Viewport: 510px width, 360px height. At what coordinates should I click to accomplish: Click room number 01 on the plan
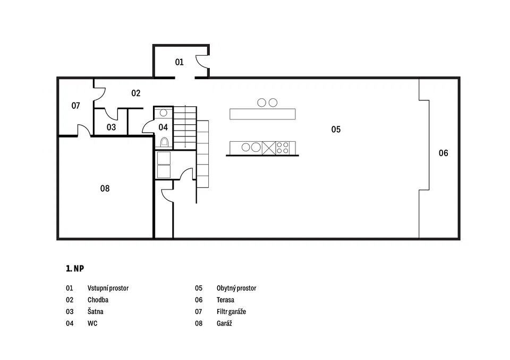click(x=179, y=62)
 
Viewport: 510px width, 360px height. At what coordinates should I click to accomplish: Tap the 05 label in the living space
click(x=336, y=130)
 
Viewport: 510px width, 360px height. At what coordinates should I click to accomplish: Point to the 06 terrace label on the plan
click(x=443, y=153)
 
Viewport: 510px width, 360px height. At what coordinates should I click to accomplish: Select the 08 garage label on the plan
click(x=105, y=188)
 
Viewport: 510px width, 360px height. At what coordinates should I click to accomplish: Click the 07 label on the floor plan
click(x=75, y=106)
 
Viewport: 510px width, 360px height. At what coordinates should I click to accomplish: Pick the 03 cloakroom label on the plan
click(x=111, y=127)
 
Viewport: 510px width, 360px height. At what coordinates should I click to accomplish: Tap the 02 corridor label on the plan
click(x=135, y=93)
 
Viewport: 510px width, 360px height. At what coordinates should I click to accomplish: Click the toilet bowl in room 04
click(x=165, y=142)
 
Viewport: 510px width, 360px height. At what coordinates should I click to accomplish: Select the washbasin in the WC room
click(x=163, y=113)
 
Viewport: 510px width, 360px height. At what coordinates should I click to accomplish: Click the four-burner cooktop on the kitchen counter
click(x=282, y=148)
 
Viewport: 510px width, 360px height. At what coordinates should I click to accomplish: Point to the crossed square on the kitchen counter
click(x=269, y=148)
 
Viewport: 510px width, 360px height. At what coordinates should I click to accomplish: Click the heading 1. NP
click(x=75, y=269)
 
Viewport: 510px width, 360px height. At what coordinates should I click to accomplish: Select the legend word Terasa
click(x=225, y=300)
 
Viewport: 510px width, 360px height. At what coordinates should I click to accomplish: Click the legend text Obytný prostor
click(x=236, y=288)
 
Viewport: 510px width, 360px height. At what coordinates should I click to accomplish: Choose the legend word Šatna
click(x=95, y=312)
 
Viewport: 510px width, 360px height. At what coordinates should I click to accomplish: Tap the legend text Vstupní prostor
click(x=108, y=288)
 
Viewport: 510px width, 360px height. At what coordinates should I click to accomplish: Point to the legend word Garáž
click(x=224, y=323)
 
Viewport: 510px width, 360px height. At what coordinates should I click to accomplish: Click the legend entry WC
click(x=92, y=323)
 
